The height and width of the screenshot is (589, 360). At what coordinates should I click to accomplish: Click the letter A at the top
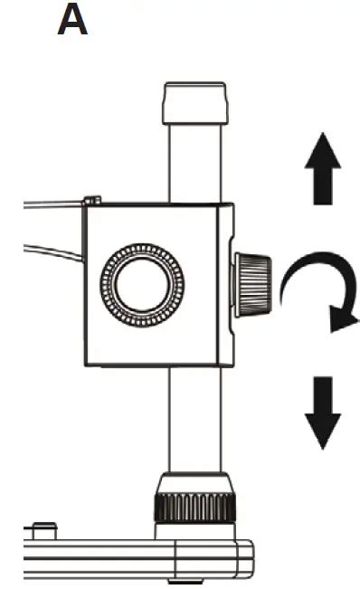[x=72, y=20]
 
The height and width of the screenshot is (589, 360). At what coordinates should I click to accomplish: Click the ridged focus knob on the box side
[x=253, y=285]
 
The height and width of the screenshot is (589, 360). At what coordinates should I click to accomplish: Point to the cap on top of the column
[x=195, y=104]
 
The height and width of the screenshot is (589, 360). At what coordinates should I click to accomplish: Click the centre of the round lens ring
[x=141, y=285]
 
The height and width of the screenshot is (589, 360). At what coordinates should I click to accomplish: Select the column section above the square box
[x=195, y=163]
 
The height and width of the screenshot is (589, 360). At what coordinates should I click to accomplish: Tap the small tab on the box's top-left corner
[x=90, y=200]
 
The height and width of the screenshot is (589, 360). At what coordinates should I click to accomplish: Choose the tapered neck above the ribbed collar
[x=195, y=482]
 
